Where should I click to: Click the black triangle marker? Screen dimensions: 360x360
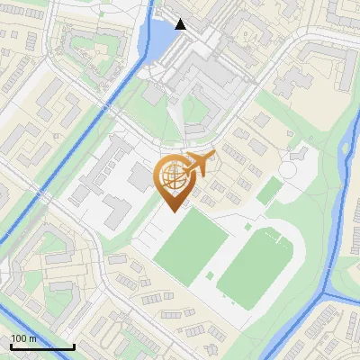tap(181, 24)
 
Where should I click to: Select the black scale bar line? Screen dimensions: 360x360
tap(42, 346)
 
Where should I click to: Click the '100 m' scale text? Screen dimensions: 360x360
tap(23, 338)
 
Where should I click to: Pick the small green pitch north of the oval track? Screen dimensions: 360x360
tap(266, 192)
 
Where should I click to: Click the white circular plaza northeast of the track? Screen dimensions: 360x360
tap(294, 168)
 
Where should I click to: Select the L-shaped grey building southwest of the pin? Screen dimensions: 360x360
tap(115, 211)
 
